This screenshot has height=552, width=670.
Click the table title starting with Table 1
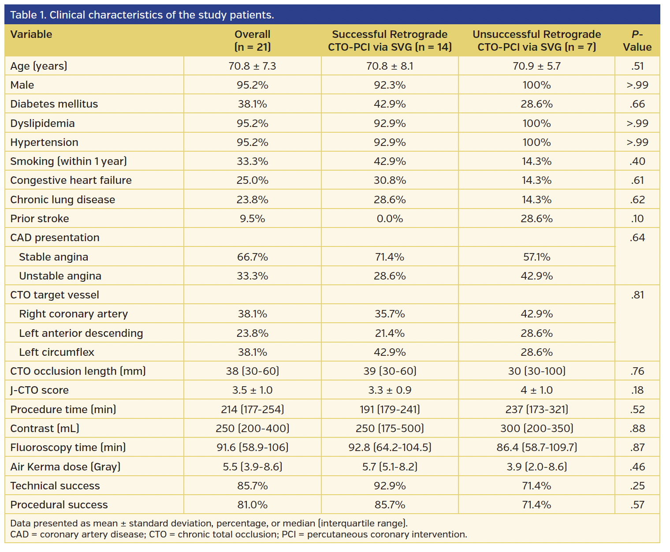142,15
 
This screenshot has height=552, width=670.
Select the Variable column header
31,34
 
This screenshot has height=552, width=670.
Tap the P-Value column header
637,41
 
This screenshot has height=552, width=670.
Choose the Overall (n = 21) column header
252,41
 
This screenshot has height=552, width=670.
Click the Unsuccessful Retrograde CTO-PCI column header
536,41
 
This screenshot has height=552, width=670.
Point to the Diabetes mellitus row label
54,104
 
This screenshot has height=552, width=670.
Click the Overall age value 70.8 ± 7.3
252,66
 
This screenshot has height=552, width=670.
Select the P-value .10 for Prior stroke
637,219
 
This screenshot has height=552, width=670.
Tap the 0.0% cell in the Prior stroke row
390,219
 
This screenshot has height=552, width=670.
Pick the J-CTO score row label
40,390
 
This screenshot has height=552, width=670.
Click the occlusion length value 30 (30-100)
536,371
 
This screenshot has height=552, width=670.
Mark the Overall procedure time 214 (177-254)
252,410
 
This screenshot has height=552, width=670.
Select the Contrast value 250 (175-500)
390,429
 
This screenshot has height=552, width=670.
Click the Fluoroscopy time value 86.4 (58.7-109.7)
536,448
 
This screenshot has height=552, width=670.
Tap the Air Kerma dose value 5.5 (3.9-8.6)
252,467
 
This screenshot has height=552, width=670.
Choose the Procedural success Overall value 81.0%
252,505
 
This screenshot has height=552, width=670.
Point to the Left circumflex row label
56,352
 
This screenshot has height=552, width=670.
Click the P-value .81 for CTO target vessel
637,295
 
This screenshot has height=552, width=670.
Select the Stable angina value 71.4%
390,257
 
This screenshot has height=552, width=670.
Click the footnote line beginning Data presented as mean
209,523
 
